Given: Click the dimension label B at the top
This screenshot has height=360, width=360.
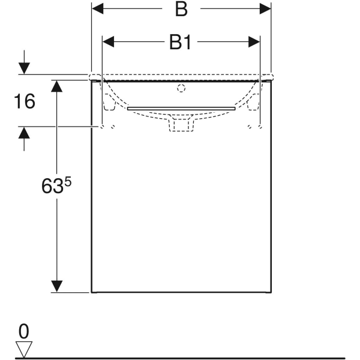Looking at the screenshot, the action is coord(181,10).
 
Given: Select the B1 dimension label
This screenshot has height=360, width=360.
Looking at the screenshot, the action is coord(180,42).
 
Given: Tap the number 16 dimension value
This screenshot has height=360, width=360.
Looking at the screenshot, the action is coord(25,101).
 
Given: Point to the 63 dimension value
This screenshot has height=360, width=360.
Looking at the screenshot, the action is coord(52,186).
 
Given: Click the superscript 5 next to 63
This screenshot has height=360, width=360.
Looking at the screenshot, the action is coord(68,182).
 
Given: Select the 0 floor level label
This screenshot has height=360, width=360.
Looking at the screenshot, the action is coord(24,331).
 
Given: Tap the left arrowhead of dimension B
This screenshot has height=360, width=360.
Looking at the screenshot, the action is coord(98,9).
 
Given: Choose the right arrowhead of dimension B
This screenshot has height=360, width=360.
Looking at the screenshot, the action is coord(265,9).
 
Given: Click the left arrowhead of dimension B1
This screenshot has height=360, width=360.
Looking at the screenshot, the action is coord(109,42).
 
